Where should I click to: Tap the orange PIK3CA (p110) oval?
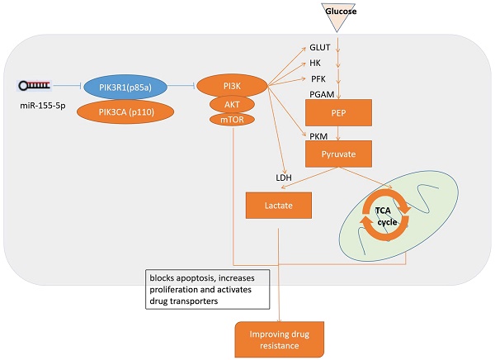[x=123, y=111]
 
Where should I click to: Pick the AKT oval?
[x=233, y=104]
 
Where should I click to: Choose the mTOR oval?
[x=233, y=121]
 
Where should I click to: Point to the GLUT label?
[x=320, y=49]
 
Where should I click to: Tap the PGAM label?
[x=322, y=96]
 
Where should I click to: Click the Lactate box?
[x=280, y=206]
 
